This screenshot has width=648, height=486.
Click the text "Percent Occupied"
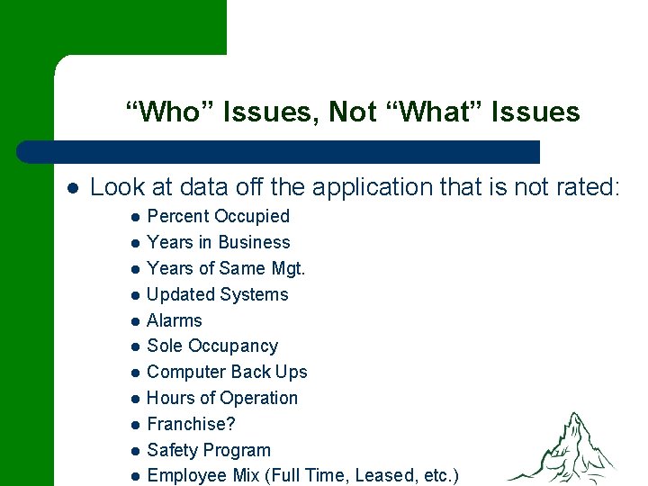click(218, 216)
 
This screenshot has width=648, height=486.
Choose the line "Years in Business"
click(218, 242)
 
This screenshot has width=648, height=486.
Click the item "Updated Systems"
click(217, 294)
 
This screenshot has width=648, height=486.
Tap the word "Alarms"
click(175, 320)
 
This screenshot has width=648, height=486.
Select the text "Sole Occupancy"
click(212, 346)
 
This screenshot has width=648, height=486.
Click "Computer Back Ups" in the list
click(227, 372)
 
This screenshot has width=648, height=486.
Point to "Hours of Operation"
click(221, 398)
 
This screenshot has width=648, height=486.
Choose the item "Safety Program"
click(208, 450)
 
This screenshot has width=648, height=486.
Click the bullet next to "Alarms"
click(134, 321)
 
